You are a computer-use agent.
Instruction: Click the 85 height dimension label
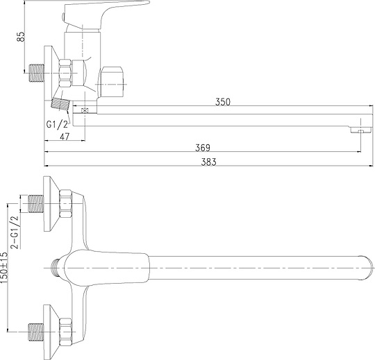coord(22,37)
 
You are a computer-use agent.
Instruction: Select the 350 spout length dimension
coord(223,102)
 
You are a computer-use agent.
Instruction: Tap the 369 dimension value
coord(203,148)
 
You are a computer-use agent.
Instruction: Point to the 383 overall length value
coord(208,162)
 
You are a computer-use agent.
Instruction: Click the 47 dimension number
coord(65,137)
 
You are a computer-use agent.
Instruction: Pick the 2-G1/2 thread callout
coord(15,232)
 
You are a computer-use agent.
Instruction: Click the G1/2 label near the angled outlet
coord(57,124)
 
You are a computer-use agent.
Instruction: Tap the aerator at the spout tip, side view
coord(360,130)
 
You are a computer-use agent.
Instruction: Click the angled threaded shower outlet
coord(60,104)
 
